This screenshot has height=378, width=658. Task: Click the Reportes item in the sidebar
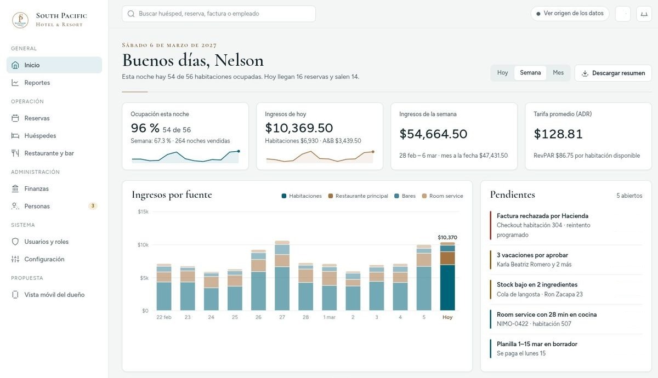coord(37,83)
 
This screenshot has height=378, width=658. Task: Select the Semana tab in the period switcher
coord(530,73)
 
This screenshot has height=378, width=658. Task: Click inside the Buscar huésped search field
coord(219,14)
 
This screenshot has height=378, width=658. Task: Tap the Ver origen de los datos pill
coord(570,14)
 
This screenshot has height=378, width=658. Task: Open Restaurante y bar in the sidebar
coord(49,153)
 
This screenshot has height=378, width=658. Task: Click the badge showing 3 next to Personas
coord(93,206)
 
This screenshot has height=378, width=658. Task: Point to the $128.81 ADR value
coord(558,134)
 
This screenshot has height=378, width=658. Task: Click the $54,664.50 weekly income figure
coord(433,134)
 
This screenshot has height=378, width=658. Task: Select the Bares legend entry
coord(405,196)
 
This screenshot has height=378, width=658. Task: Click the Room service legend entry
coord(443,196)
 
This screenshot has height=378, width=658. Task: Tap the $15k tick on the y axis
coord(143,211)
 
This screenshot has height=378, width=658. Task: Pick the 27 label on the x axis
coord(282,317)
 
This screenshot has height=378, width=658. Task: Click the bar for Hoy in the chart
coord(447,276)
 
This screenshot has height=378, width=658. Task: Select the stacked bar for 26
coord(258,280)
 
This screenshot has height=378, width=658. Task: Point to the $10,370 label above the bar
coord(447,237)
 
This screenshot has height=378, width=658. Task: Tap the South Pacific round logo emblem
coord(20,20)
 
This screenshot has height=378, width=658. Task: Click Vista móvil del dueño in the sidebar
coord(54,295)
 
